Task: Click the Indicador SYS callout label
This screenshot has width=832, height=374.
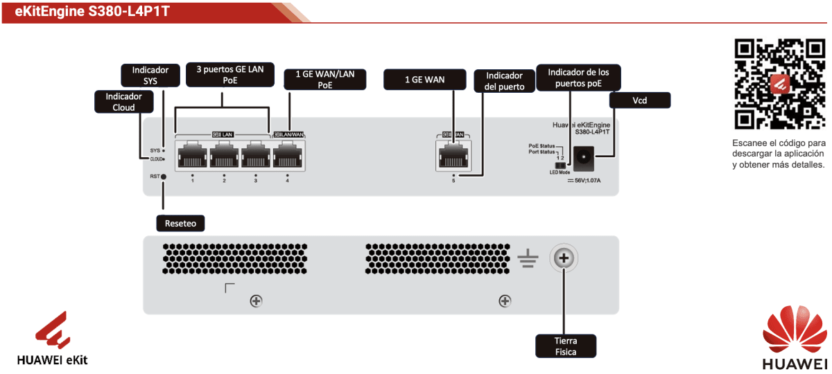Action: [150, 75]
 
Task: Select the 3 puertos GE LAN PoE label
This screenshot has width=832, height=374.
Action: [220, 75]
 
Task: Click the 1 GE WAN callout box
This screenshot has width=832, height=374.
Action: [424, 80]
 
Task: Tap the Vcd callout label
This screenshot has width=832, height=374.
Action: [640, 100]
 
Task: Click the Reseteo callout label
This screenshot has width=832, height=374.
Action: [182, 223]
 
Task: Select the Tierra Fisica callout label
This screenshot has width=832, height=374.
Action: [566, 346]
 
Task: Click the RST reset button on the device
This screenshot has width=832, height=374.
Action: [164, 177]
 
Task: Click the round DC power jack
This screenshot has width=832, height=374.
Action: [584, 158]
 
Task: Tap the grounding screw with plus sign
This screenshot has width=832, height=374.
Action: [564, 259]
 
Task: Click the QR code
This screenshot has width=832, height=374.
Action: [779, 84]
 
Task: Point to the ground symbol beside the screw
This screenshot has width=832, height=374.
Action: [528, 260]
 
